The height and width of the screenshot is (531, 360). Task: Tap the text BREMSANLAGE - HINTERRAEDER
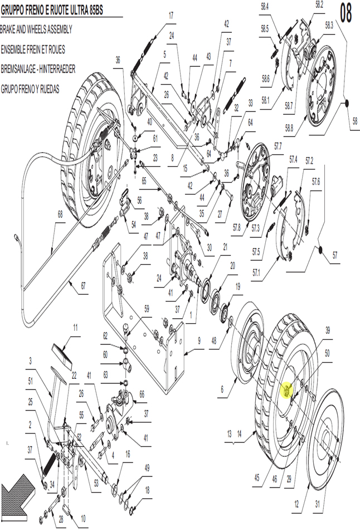point(38,70)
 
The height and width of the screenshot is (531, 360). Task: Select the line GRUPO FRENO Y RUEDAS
point(30,89)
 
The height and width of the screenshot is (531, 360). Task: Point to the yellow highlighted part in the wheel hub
point(286,391)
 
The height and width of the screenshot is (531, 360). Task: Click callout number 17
point(171,16)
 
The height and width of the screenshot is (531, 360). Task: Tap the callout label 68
point(60,215)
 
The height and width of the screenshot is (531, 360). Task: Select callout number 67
point(83,285)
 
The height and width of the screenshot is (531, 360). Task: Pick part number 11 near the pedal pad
point(75,328)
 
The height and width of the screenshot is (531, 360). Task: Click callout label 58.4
point(265,7)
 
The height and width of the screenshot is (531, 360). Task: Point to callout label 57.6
point(315,182)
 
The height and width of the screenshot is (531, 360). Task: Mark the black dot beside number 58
point(347,103)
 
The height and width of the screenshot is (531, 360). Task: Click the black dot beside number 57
point(321,250)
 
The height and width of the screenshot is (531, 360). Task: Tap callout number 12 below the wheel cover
point(296,505)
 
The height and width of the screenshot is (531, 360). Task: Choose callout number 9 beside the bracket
point(199,340)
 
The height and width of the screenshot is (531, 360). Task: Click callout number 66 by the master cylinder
point(142,394)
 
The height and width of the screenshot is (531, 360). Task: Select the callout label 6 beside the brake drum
point(222,389)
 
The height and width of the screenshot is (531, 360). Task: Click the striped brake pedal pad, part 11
point(63,356)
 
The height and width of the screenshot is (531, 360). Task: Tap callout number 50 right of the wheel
point(327,354)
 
